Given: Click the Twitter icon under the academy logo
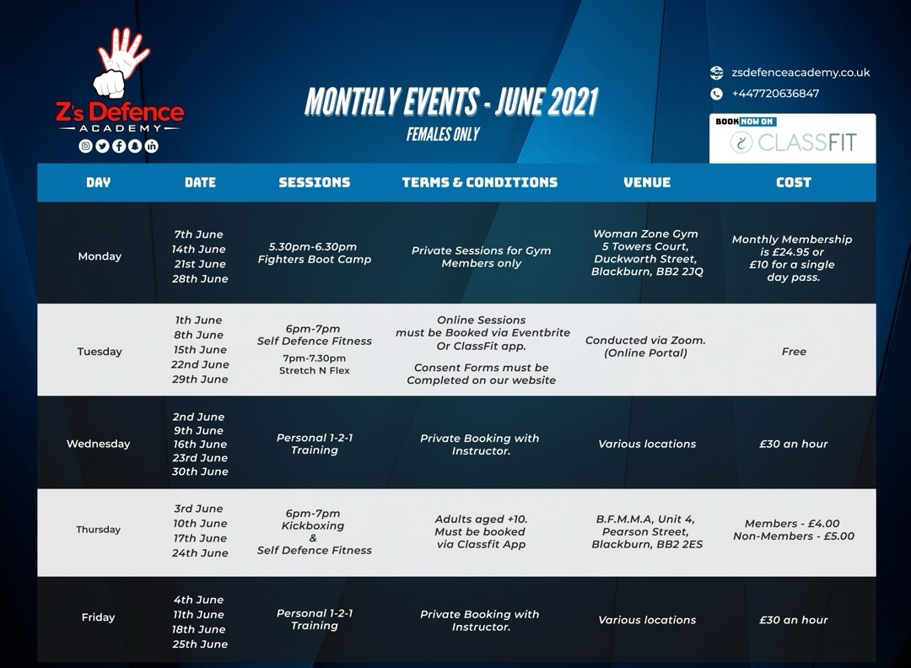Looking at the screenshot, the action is pyautogui.click(x=102, y=146).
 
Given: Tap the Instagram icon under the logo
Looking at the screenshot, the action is pyautogui.click(x=85, y=146).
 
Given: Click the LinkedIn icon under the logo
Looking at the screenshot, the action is pyautogui.click(x=152, y=146).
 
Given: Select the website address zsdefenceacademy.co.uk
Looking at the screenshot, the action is pyautogui.click(x=800, y=73).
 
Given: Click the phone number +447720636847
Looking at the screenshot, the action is pyautogui.click(x=775, y=94).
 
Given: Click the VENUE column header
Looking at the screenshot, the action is pyautogui.click(x=647, y=182).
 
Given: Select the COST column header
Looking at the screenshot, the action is pyautogui.click(x=794, y=182).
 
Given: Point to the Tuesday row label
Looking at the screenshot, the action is pyautogui.click(x=100, y=352).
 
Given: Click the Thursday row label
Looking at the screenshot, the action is pyautogui.click(x=98, y=529).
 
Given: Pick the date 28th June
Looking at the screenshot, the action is pyautogui.click(x=200, y=279).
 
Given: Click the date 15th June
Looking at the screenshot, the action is pyautogui.click(x=199, y=350).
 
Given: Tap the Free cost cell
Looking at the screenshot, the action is pyautogui.click(x=794, y=352).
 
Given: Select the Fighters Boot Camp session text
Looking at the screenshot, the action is pyautogui.click(x=315, y=260).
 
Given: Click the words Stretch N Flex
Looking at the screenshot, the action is pyautogui.click(x=315, y=370).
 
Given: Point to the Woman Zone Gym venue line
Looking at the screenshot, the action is pyautogui.click(x=645, y=234).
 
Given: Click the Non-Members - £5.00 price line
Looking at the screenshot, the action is pyautogui.click(x=794, y=536).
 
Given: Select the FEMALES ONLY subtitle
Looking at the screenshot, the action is pyautogui.click(x=443, y=134).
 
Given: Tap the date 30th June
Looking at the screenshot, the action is pyautogui.click(x=200, y=471).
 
